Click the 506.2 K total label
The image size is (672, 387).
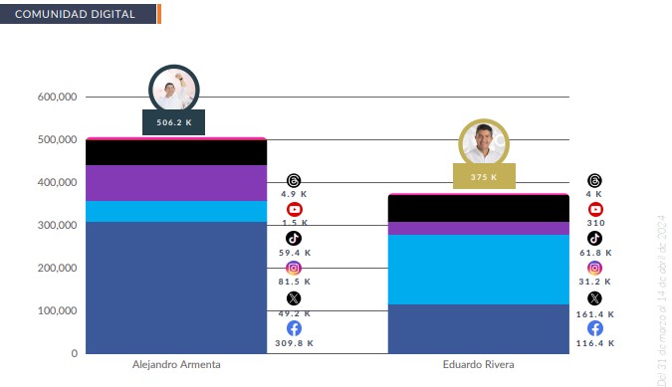(174, 123)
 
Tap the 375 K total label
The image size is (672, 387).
(484, 178)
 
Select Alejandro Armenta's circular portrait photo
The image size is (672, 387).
(174, 90)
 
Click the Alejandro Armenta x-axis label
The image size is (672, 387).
(176, 365)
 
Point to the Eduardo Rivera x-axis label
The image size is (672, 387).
(478, 365)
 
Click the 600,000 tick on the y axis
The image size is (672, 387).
(58, 97)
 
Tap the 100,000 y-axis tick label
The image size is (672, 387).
(58, 311)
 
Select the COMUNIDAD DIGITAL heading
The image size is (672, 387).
(78, 14)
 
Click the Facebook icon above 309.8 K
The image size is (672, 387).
(294, 328)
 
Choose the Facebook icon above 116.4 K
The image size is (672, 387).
(594, 328)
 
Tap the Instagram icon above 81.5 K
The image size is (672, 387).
(294, 268)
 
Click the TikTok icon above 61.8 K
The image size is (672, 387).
(594, 239)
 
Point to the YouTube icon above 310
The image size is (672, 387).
(595, 209)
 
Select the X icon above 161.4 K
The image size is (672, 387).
(594, 297)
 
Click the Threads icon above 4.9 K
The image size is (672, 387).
(294, 180)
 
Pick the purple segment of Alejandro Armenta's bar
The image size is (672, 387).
(175, 183)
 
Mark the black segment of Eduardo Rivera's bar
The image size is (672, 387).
(478, 208)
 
